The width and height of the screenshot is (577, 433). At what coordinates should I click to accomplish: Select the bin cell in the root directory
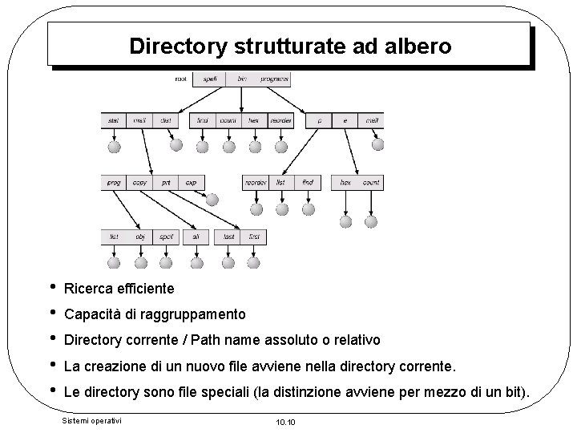coord(241,79)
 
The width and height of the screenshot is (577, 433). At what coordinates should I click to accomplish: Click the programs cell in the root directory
coord(274,79)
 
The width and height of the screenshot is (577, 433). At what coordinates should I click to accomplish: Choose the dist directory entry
coord(166,121)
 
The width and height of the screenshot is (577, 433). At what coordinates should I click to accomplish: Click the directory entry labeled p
coord(319,121)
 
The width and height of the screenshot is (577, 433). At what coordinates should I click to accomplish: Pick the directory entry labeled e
coord(345,121)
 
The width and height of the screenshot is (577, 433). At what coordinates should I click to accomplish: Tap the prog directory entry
coord(114,183)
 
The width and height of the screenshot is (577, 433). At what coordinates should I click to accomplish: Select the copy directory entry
coord(140,183)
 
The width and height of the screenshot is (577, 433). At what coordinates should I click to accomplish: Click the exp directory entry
coord(191,183)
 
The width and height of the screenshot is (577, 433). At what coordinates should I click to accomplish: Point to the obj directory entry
coord(140,237)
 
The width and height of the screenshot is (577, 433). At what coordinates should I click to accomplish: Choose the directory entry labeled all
coord(195,237)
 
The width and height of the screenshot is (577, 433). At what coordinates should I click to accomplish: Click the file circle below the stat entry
coord(114,147)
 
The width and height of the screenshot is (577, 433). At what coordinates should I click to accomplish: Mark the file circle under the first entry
coord(254,262)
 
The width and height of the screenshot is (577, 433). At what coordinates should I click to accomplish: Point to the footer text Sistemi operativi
coord(91,419)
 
